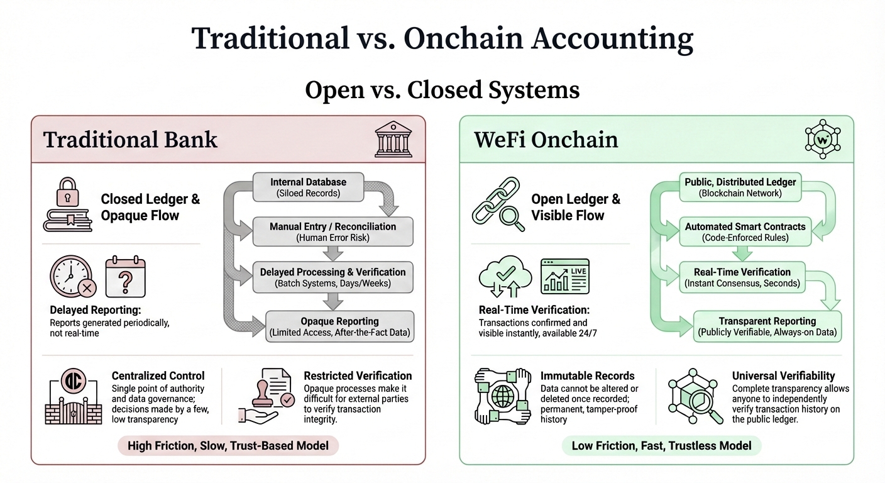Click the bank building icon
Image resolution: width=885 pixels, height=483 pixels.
pos(393,140)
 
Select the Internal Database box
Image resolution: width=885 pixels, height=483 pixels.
pos(308,187)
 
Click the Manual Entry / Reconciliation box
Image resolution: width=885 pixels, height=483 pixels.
pos(333,231)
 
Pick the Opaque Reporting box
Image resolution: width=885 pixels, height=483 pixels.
pos(339,326)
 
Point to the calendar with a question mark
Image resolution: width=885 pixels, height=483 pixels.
pos(125,277)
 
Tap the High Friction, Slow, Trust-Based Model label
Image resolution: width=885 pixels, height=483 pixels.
pos(228,446)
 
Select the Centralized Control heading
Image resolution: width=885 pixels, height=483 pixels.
pos(158,376)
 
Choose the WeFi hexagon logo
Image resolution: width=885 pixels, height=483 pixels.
pos(823,139)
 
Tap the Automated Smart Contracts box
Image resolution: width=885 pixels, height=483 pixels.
pos(744,231)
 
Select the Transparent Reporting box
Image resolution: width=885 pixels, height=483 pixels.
pos(767,326)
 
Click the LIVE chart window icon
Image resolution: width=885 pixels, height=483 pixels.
pos(565,276)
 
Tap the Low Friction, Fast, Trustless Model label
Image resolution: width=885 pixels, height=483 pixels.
pos(661,446)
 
